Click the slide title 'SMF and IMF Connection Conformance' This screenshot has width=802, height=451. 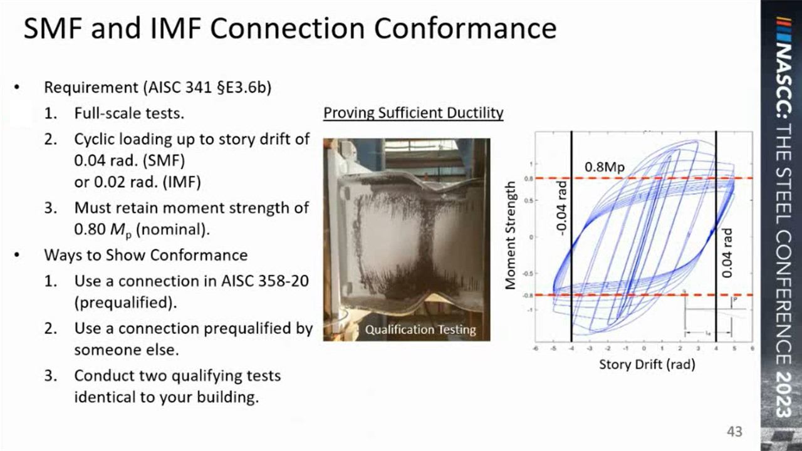click(289, 29)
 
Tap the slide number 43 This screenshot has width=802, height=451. click(734, 432)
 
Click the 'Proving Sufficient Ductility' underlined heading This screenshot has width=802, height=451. click(413, 113)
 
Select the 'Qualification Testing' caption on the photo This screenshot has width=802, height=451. click(420, 329)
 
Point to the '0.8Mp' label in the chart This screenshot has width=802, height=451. click(605, 167)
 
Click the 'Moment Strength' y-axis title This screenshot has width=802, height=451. click(511, 235)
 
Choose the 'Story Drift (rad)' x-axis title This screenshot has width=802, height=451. click(647, 364)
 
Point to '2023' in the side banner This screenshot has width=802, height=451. click(781, 391)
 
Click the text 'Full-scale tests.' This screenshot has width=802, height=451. click(129, 114)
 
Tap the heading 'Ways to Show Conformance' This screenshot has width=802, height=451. click(145, 256)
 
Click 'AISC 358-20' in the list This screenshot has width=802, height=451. click(265, 280)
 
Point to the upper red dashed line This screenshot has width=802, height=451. click(658, 179)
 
